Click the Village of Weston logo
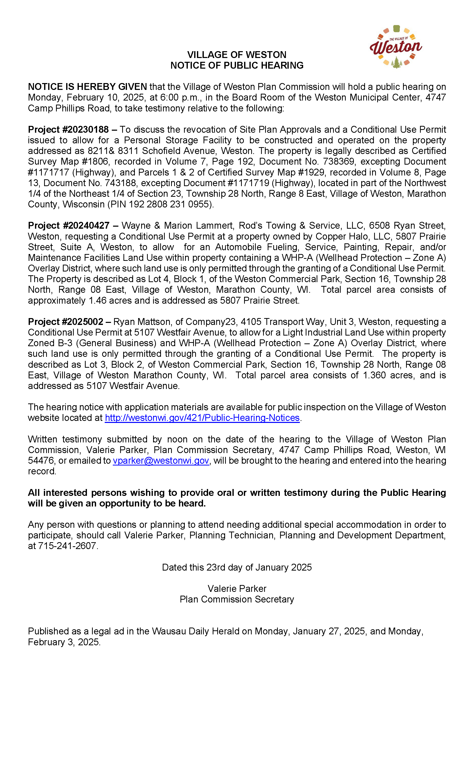tap(396, 47)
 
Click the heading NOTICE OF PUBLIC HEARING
tap(237, 65)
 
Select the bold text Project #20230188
tap(68, 129)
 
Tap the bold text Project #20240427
tap(68, 225)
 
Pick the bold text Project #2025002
tap(65, 322)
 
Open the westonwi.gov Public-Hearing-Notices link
tap(202, 418)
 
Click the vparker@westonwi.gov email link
tap(161, 461)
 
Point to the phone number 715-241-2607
tap(67, 546)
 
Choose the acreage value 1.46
tap(98, 300)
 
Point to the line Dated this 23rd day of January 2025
tap(237, 567)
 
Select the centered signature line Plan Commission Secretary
tap(237, 599)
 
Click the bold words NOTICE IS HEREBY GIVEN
tap(87, 87)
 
